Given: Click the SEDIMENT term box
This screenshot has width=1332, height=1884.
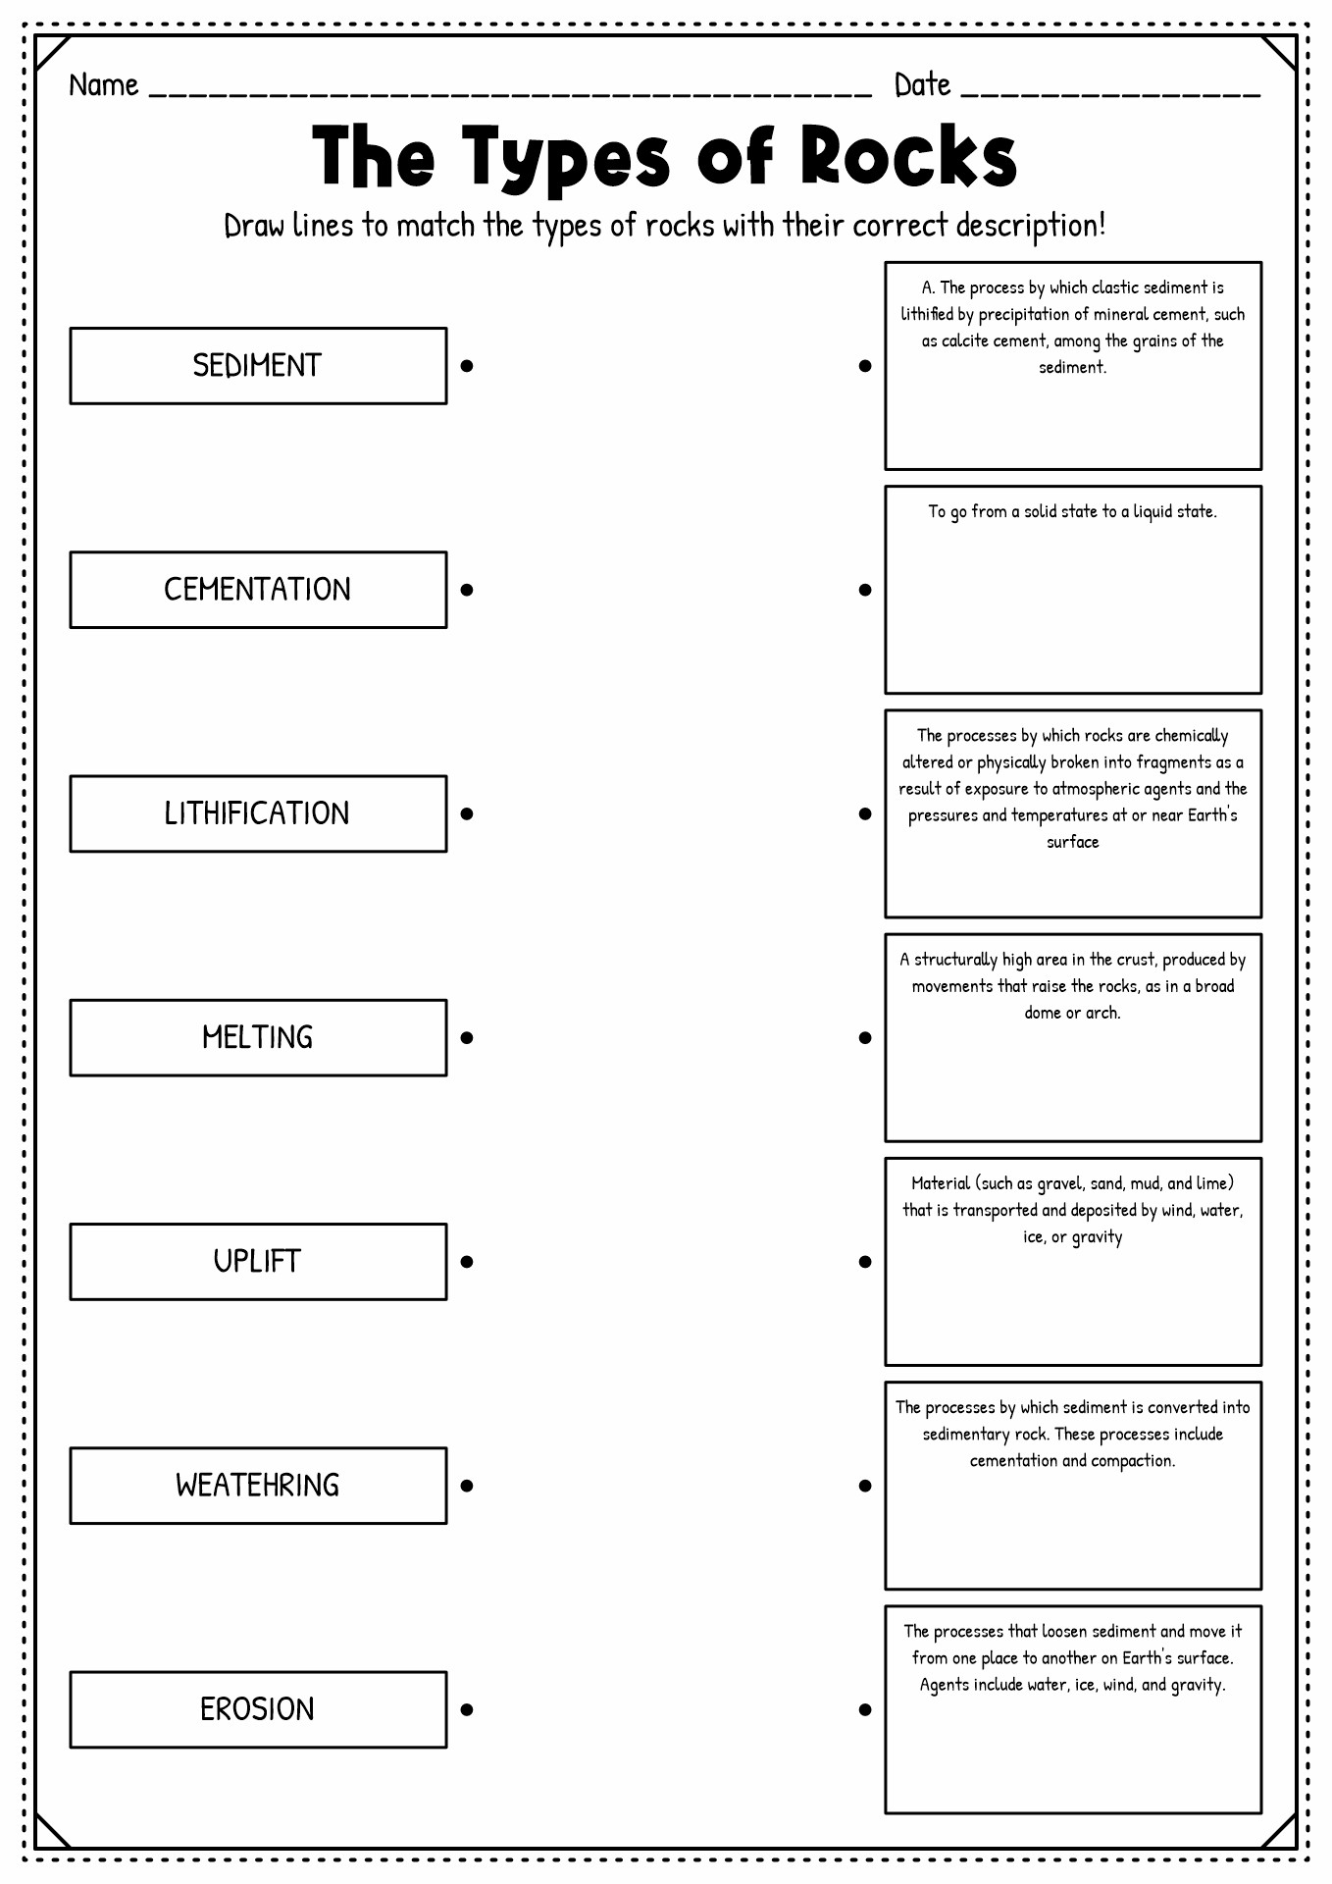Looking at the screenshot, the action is pos(258,366).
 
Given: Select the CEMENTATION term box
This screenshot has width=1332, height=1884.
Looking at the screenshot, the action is pos(258,590).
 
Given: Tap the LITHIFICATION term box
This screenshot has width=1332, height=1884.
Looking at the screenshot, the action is pos(258,813).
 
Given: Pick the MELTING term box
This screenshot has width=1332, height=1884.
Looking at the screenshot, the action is pos(258,1037).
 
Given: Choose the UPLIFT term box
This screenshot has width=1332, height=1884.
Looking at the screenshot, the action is pos(258,1262).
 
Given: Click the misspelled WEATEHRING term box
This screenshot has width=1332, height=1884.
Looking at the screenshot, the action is pos(258,1486).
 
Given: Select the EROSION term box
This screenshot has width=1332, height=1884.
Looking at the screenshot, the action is pos(258,1709).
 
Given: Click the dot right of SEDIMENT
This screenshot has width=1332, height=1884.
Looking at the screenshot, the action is pos(467,366).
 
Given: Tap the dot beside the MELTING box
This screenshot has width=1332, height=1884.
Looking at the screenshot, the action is pos(467,1037).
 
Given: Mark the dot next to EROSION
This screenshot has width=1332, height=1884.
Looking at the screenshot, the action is pos(467,1709).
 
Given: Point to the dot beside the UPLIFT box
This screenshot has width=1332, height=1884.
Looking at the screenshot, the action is pos(467,1262).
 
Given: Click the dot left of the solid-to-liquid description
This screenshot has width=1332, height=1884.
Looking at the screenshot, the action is pos(865,590).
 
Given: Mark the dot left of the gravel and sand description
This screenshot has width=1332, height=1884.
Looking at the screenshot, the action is pos(865,1262).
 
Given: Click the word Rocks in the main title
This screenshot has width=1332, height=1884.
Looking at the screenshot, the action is pos(908,156).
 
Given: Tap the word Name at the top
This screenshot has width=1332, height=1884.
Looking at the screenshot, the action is pos(104,85).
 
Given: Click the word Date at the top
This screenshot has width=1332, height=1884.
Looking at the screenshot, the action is pos(922,85).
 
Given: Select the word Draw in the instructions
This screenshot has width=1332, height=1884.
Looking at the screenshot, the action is pos(254,226).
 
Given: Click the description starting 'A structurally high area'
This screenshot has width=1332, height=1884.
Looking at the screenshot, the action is pos(1073,1037).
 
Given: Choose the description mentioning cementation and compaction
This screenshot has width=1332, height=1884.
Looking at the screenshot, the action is pos(1073,1486).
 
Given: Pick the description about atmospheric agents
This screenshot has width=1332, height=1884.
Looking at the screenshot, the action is pos(1073,813).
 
